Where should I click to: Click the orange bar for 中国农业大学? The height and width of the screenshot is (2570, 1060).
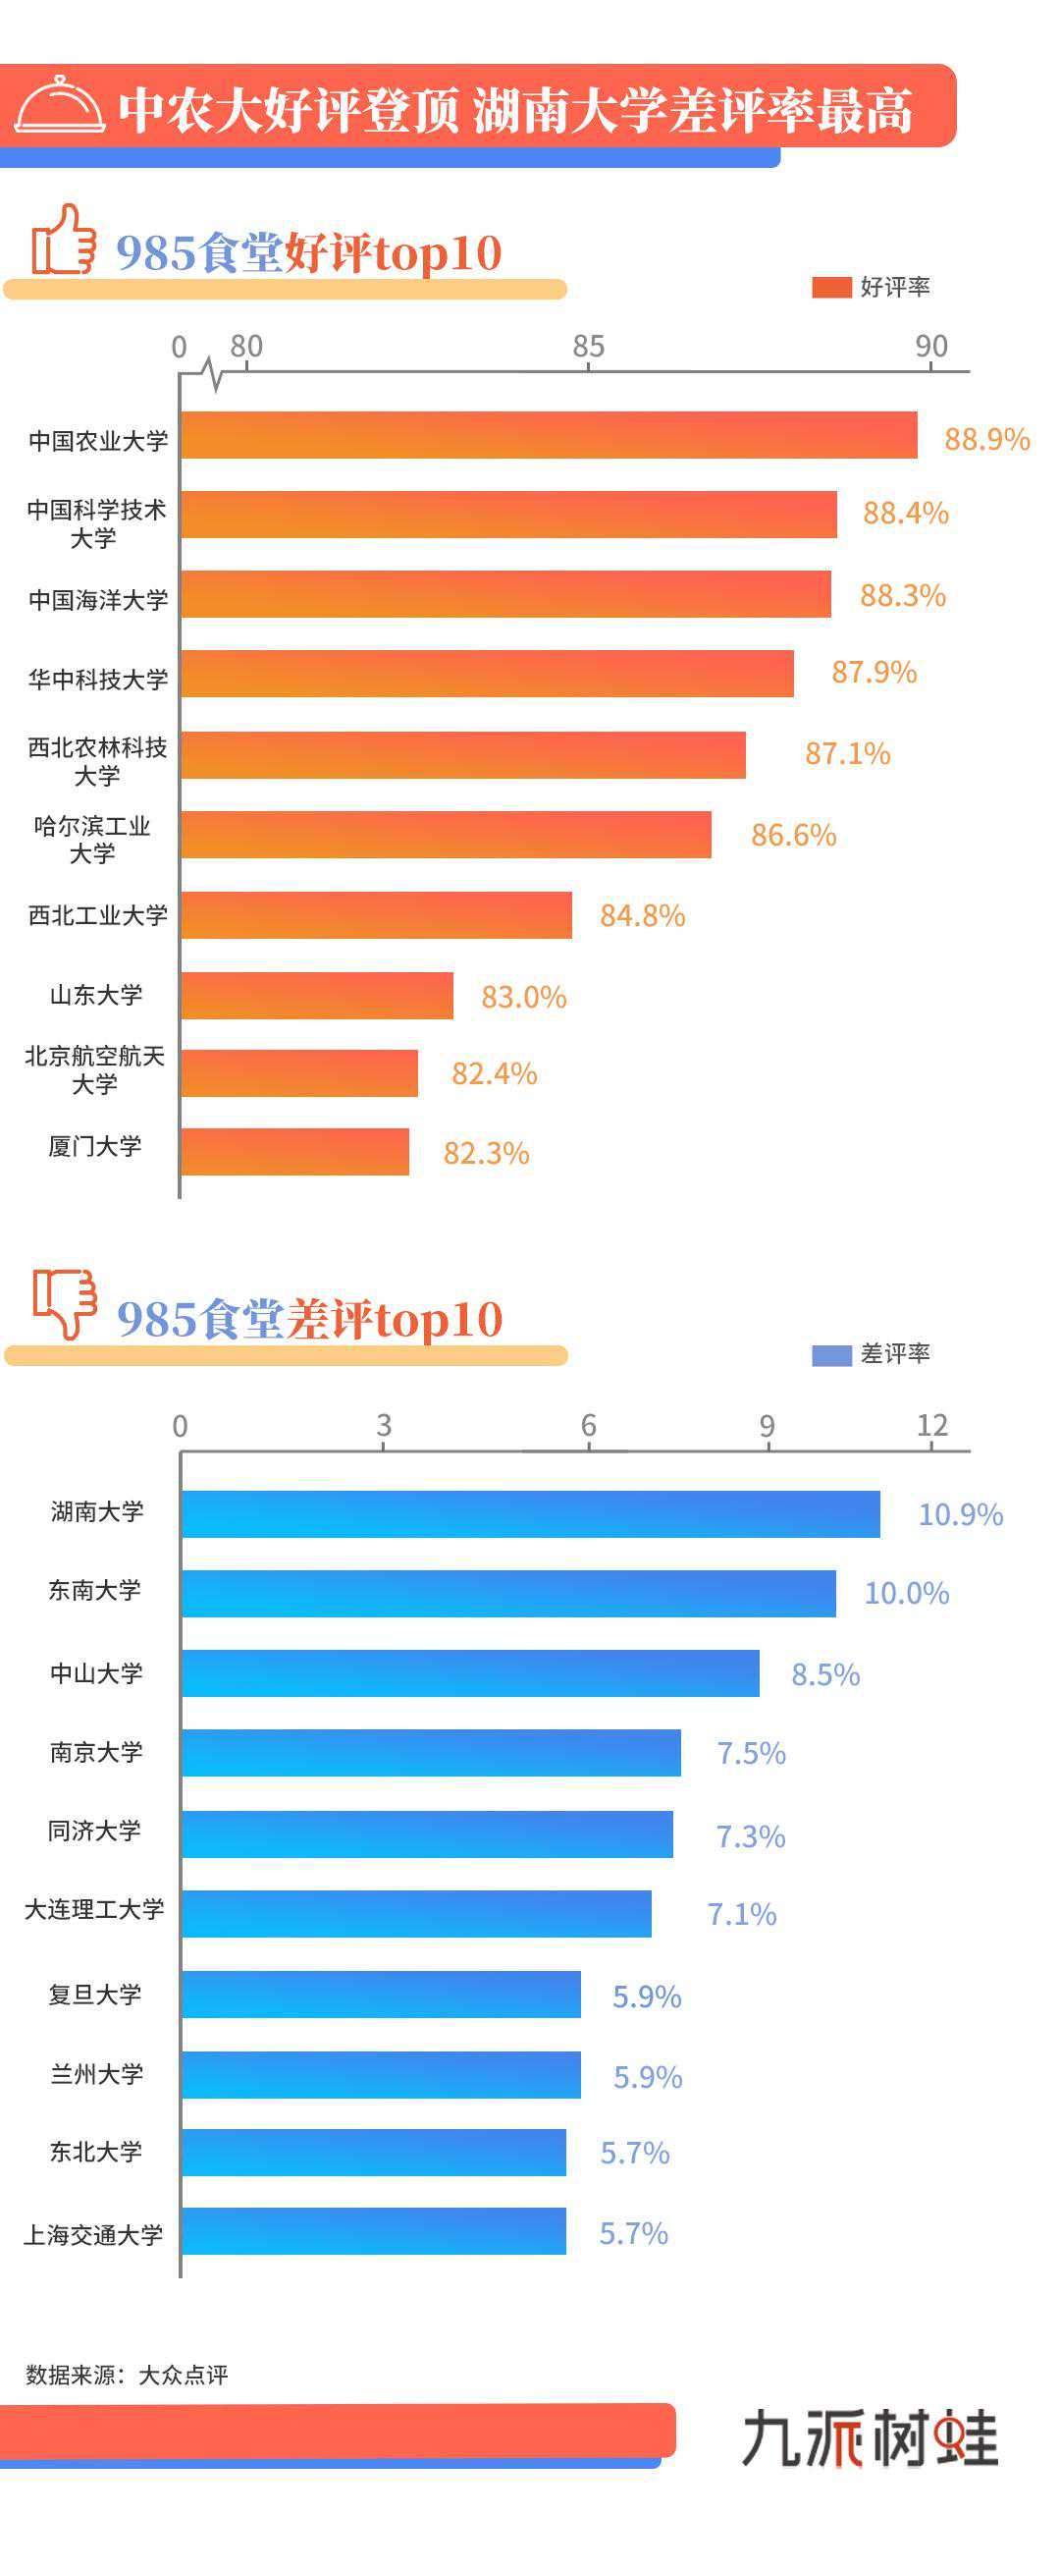(x=549, y=435)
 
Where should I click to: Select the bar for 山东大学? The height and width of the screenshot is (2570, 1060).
(x=317, y=995)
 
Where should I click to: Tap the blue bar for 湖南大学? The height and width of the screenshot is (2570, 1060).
(x=531, y=1513)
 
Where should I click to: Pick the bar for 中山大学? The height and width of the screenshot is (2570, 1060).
(x=470, y=1673)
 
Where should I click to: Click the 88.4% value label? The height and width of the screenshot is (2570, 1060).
(x=905, y=513)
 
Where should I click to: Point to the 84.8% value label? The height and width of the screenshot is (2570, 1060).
(x=642, y=915)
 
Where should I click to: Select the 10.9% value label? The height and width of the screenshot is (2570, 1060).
(x=959, y=1514)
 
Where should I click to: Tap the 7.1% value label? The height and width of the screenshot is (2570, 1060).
(x=741, y=1914)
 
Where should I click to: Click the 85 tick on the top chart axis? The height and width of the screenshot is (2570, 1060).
(x=588, y=347)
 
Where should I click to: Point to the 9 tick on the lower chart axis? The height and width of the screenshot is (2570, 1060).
(x=766, y=1425)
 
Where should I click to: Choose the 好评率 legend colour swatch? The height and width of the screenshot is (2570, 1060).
(x=830, y=288)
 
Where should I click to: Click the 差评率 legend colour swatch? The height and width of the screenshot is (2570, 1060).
(x=830, y=1355)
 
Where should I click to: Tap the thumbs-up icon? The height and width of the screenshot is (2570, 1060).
(x=63, y=241)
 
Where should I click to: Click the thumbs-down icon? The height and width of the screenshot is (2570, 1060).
(x=65, y=1302)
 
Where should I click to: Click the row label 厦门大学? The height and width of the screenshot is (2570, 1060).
(x=95, y=1146)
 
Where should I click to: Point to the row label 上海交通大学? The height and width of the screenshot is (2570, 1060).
(x=94, y=2235)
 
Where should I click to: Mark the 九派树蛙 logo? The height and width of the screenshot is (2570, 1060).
(x=870, y=2436)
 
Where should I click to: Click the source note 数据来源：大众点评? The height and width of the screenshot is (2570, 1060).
(x=127, y=2375)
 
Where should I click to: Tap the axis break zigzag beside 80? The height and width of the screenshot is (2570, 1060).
(x=212, y=373)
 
